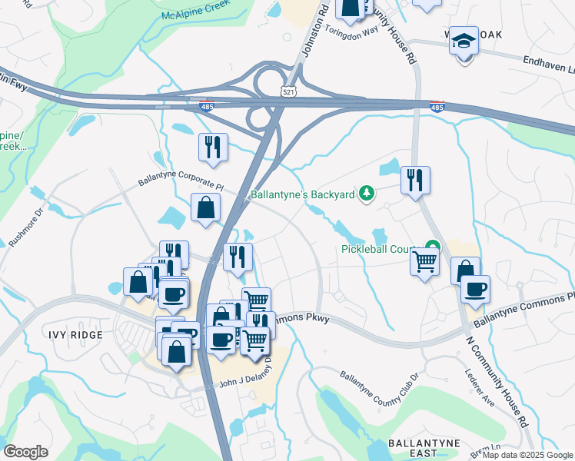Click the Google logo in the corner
click(x=25, y=452)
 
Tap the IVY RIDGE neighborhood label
click(x=53, y=336)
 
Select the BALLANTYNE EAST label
click(x=424, y=449)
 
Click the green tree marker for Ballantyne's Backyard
click(x=367, y=194)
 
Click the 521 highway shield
click(x=288, y=91)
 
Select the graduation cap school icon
click(x=464, y=41)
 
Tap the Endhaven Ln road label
click(x=548, y=65)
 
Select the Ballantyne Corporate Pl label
click(x=180, y=183)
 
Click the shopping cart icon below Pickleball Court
click(x=426, y=264)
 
